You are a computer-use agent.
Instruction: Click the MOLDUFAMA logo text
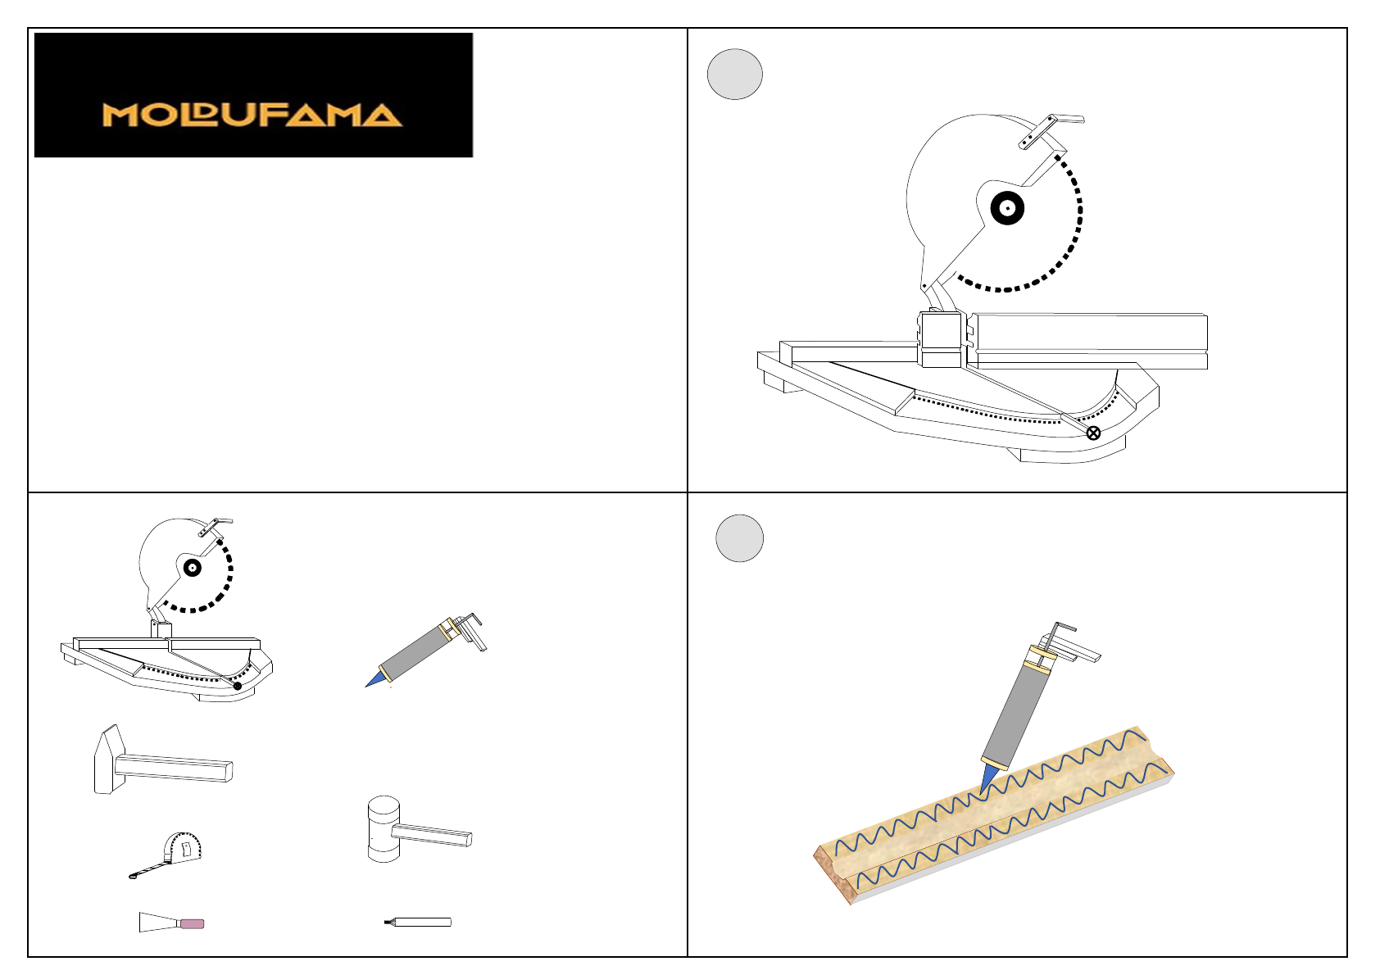click(252, 116)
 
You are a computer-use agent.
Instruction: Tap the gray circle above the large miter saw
click(735, 75)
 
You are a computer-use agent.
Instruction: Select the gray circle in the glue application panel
click(740, 538)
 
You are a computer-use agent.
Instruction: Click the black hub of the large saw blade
click(1007, 209)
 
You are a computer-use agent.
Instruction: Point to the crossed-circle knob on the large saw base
click(1093, 433)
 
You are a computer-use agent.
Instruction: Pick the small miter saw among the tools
click(166, 610)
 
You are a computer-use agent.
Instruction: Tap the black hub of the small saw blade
click(193, 568)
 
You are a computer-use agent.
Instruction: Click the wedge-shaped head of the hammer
click(109, 760)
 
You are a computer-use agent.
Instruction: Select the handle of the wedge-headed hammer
click(175, 768)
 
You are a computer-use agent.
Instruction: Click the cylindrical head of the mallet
click(384, 829)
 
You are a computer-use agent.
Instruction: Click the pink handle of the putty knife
click(192, 924)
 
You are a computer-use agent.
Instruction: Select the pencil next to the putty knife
click(418, 922)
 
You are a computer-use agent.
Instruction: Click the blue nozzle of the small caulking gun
click(376, 679)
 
